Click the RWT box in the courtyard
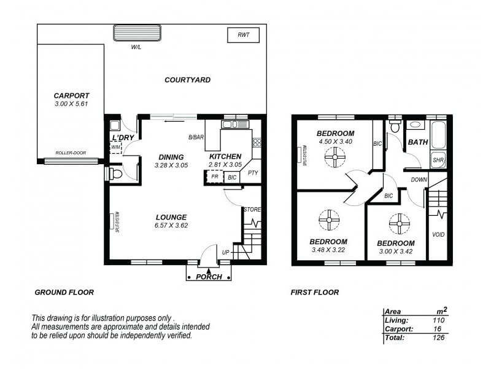[244, 35]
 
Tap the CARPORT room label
[71, 96]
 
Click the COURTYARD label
[188, 80]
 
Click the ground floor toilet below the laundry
[116, 175]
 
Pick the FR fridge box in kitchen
[214, 177]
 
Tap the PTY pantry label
[253, 173]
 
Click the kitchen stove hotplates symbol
[257, 143]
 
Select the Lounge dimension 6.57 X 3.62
[171, 226]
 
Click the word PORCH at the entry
[209, 277]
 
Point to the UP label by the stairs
[225, 253]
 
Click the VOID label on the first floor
[438, 235]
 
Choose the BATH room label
[418, 142]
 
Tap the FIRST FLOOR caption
[315, 293]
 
